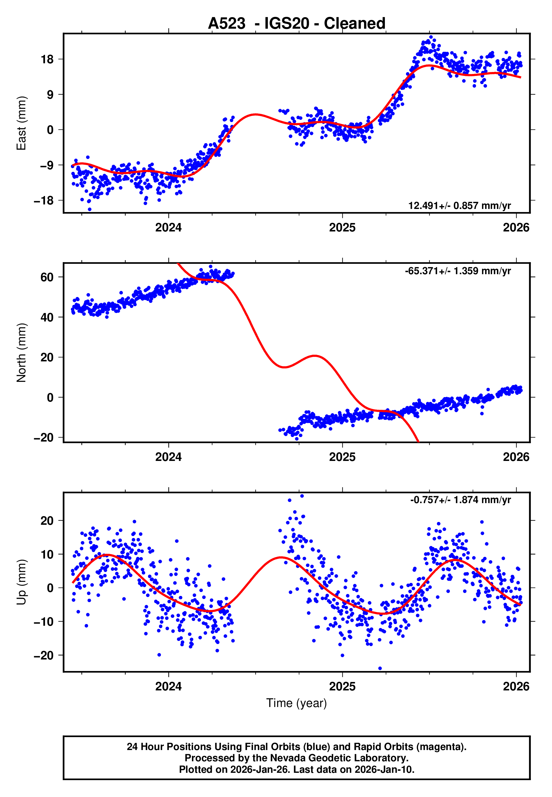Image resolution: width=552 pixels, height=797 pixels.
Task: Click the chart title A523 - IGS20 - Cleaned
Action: click(x=297, y=24)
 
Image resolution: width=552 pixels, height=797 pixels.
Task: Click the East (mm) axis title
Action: click(x=21, y=123)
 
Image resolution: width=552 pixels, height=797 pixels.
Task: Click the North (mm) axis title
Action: click(x=21, y=353)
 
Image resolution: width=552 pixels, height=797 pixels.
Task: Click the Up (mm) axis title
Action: click(x=21, y=582)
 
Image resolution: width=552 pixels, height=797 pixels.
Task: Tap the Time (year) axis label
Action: click(x=297, y=703)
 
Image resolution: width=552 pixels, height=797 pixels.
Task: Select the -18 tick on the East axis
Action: click(x=44, y=201)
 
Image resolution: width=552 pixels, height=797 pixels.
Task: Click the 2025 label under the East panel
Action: click(x=342, y=228)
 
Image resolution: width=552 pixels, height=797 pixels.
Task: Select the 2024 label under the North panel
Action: click(x=169, y=457)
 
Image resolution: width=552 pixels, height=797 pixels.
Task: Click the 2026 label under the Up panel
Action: click(x=516, y=686)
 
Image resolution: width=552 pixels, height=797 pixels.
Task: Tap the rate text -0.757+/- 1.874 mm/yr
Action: click(x=460, y=500)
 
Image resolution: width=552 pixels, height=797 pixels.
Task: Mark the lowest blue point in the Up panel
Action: click(x=380, y=668)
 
